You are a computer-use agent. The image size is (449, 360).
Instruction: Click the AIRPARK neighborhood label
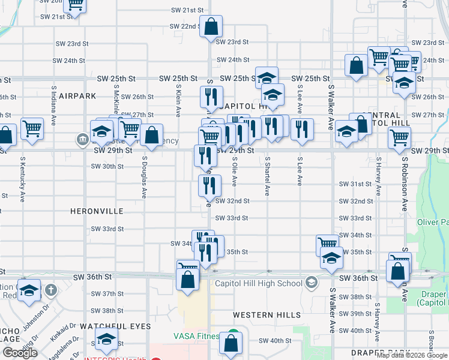tap(77, 95)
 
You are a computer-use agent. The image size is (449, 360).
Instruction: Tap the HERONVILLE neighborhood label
tap(97, 211)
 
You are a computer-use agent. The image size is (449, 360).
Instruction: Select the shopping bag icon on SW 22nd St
tap(211, 27)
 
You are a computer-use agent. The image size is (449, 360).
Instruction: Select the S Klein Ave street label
tap(178, 100)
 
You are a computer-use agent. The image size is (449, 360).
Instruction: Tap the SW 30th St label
tap(108, 166)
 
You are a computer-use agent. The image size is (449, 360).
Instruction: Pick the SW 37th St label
tap(108, 294)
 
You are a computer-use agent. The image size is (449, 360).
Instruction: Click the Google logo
tap(20, 353)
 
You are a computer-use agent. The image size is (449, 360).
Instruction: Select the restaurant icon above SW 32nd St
tap(209, 186)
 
